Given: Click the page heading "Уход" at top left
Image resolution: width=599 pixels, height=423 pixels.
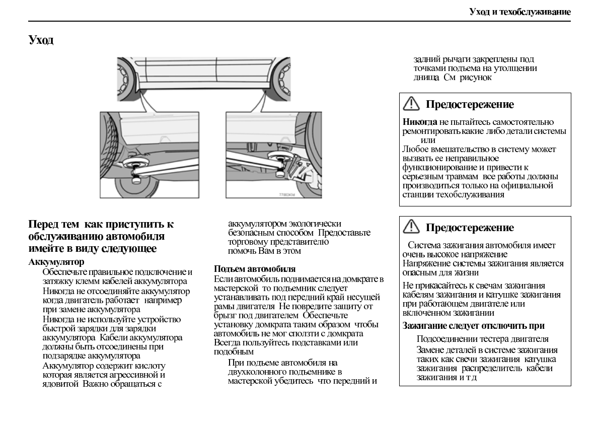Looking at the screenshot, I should pos(41,40).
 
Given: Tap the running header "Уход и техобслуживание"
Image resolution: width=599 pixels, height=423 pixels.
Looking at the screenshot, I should pos(520,12).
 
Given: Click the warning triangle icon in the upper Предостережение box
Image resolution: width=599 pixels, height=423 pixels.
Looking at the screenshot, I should pos(411,104).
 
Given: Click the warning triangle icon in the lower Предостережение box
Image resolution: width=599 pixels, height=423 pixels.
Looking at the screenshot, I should pos(411,227).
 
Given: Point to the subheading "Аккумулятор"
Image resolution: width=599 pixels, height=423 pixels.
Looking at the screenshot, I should pos(56,262).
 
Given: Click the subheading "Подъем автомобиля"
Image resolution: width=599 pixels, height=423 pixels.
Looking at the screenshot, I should pos(255,269).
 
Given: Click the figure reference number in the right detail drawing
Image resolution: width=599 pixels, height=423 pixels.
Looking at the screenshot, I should pos(287,194).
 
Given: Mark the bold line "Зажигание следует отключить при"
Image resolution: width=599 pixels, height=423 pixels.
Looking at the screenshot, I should pos(474,326).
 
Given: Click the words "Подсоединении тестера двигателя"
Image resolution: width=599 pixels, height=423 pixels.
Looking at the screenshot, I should pos(482,339).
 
